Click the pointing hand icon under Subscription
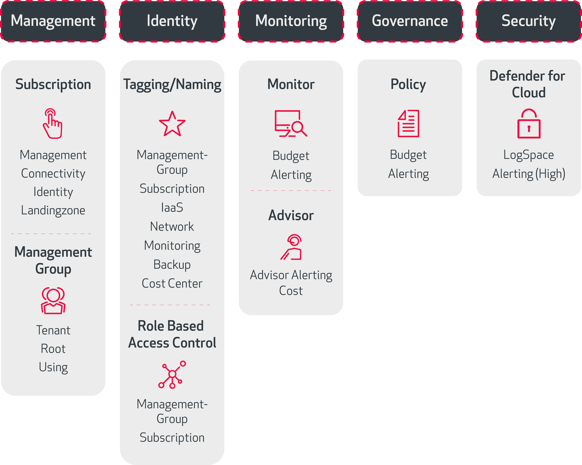point(53,124)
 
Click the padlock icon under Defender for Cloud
point(529,124)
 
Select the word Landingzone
point(53,210)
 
